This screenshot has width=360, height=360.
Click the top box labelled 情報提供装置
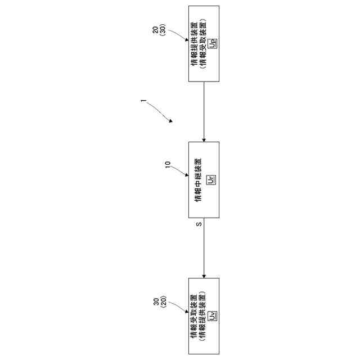point(203,43)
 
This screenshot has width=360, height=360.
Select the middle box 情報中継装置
point(203,179)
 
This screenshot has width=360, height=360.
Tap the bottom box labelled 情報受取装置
point(203,316)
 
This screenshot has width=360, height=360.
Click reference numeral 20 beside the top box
point(156,30)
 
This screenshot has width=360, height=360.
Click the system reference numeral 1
point(143,102)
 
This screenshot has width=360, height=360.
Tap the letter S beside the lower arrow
point(199,225)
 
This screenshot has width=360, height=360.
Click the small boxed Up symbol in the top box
point(212,43)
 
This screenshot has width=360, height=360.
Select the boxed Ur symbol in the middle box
point(211,179)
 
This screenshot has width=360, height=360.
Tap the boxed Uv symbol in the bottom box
point(212,316)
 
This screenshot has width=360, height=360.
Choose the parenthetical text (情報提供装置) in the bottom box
point(203,316)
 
